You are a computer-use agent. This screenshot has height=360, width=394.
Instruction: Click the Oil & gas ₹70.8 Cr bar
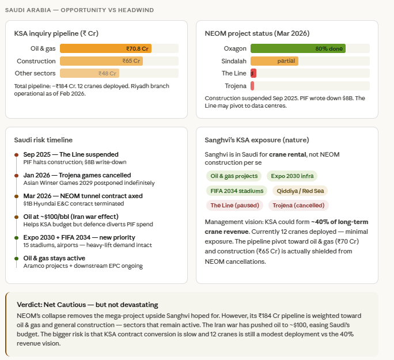pos(105,48)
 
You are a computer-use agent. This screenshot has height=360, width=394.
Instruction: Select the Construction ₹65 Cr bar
pos(101,61)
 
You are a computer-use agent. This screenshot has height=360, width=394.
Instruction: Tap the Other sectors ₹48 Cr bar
pos(89,73)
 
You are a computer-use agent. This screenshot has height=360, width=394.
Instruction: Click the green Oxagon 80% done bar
pos(298,48)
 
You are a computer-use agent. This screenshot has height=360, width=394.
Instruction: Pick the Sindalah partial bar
pos(274,61)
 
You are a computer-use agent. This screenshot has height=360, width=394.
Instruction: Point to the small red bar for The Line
pos(253,73)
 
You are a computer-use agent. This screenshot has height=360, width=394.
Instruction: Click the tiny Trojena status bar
pos(252,86)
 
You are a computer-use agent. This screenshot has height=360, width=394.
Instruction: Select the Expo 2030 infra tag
pos(292,176)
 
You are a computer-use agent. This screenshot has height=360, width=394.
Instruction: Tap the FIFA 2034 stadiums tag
pos(237,191)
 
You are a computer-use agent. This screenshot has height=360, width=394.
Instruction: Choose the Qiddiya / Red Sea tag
pos(300,191)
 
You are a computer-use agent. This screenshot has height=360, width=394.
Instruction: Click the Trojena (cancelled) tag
pos(298,206)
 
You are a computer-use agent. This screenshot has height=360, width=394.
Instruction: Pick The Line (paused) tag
pos(234,206)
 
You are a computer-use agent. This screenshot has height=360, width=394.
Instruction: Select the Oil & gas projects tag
pos(234,176)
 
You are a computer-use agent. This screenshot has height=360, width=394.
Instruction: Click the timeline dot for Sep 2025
pos(16,155)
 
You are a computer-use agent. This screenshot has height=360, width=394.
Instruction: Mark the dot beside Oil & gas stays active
pos(16,259)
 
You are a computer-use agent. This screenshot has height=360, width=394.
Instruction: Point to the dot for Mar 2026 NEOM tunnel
pos(16,196)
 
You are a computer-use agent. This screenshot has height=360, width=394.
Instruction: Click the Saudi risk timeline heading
pos(43,140)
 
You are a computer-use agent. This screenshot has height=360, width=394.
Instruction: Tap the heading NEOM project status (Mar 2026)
pos(257,33)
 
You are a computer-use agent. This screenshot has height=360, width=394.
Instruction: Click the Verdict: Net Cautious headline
pos(88,305)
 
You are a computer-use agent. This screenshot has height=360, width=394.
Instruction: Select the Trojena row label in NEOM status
pos(236,86)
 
